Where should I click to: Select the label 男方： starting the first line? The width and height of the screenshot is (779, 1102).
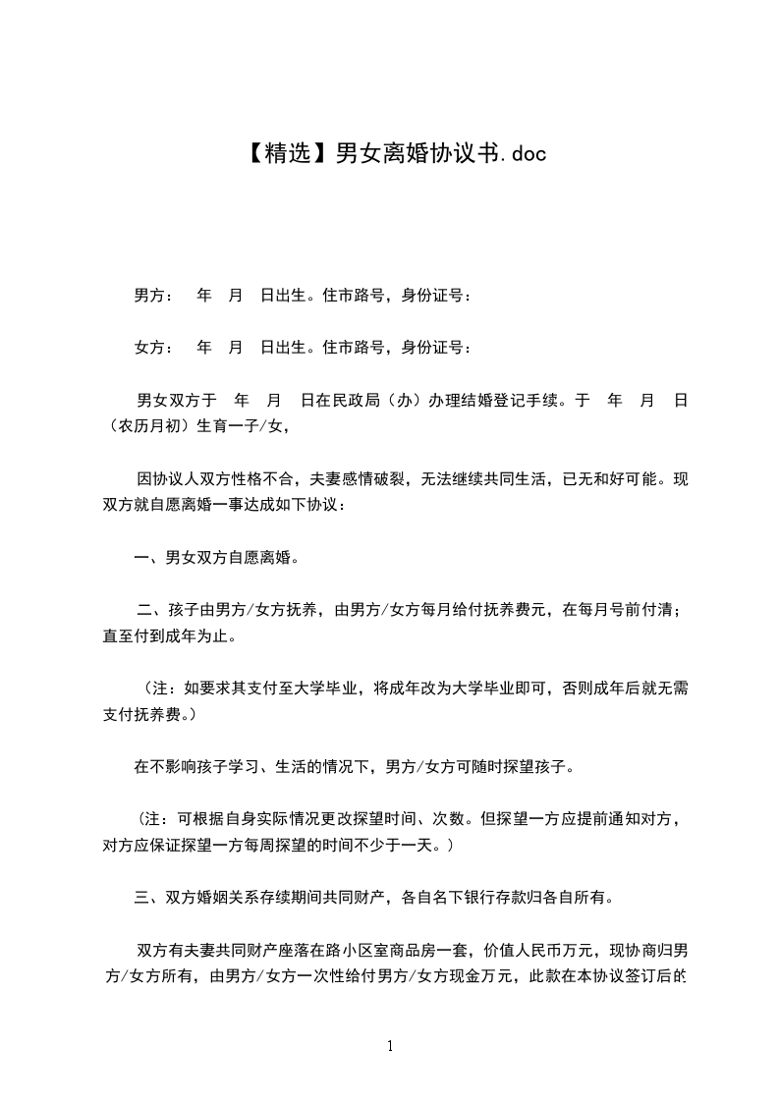153,295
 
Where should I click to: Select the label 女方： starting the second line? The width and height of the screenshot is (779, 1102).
153,347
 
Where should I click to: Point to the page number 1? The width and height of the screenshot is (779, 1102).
390,1046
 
